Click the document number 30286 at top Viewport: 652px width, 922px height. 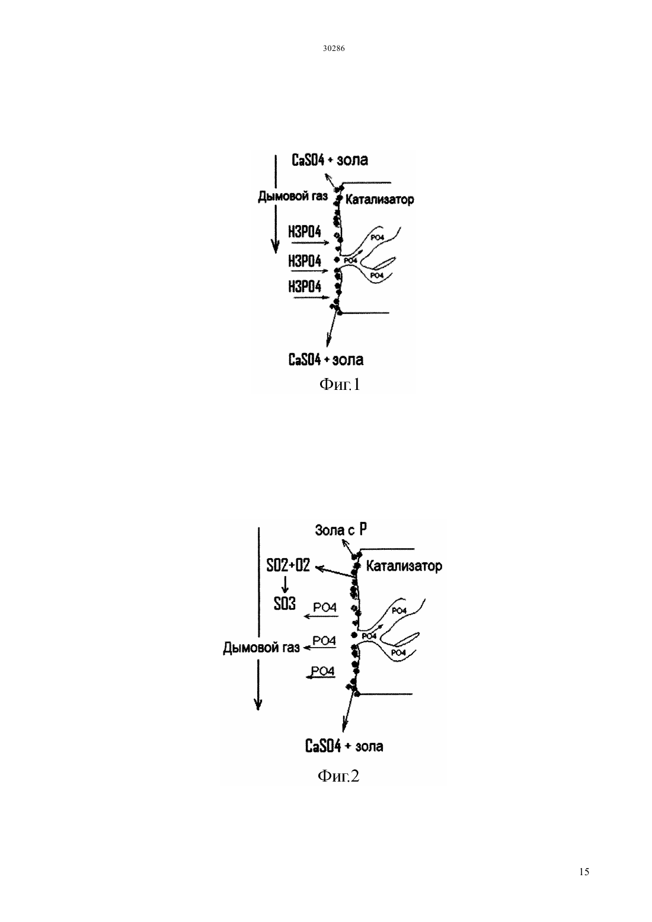tap(333, 49)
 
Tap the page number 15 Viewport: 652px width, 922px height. tap(584, 872)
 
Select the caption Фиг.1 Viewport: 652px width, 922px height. tap(340, 385)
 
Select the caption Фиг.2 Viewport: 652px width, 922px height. tap(338, 776)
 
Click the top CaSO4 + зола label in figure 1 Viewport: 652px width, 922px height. tap(330, 160)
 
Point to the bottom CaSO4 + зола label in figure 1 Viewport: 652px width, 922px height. tap(326, 359)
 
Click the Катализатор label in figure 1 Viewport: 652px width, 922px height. tap(379, 200)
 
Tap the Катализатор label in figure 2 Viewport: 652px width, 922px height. tap(404, 566)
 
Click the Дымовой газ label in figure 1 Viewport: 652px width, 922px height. tap(293, 196)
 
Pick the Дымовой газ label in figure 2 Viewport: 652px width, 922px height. tap(261, 648)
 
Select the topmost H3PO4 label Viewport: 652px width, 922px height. tap(305, 232)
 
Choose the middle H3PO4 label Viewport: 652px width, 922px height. tap(305, 261)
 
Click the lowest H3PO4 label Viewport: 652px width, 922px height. tap(305, 286)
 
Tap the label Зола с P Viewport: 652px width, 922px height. tap(341, 530)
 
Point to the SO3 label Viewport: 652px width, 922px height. tap(285, 604)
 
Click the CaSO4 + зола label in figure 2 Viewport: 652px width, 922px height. tap(344, 746)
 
